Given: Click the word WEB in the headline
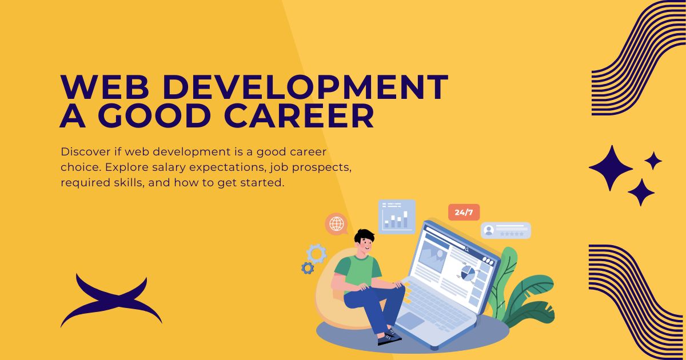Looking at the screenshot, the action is point(105,87).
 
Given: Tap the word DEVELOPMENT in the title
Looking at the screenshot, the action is point(306,87).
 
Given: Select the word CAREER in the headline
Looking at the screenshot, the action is point(299,116).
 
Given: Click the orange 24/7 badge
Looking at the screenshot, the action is point(464,212).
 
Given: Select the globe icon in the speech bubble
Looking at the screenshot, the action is point(337,223).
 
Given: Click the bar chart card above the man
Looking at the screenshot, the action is point(397,217).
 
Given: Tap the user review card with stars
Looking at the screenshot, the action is point(506,230).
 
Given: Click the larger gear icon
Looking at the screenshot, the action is point(316,254).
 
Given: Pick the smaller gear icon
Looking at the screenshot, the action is point(308,268).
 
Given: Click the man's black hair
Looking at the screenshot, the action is point(365,235).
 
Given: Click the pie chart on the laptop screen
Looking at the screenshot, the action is point(468,273).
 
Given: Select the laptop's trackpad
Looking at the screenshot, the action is point(410,321).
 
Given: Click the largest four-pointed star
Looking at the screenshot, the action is point(611,168).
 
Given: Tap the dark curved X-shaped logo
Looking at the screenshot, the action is point(111,301).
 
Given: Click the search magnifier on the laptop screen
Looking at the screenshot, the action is point(467,250).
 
